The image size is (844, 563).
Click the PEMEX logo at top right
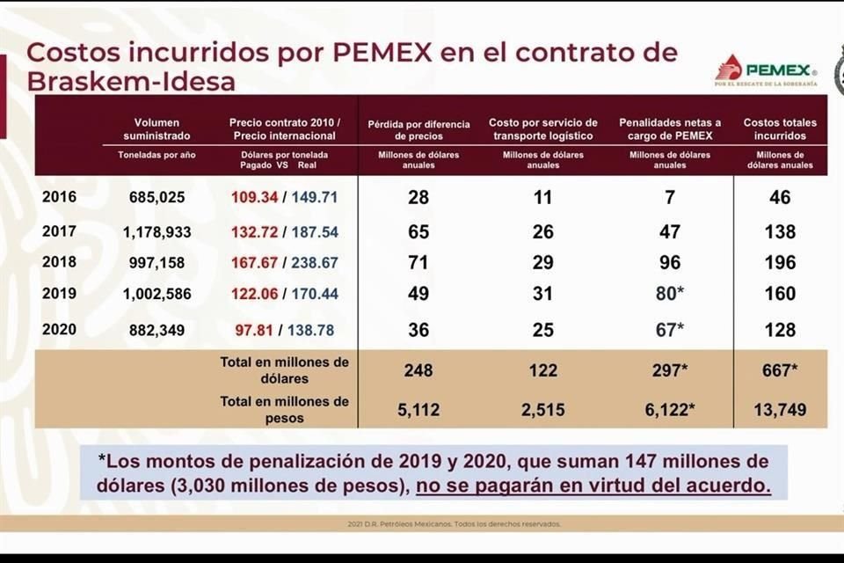point(766,70)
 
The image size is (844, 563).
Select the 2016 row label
point(60,197)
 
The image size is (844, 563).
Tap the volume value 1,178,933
point(156,232)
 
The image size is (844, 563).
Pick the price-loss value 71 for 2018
point(418,262)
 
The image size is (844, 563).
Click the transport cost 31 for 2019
point(542,294)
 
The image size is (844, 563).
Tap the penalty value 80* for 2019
point(671,294)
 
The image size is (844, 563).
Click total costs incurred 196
point(779,262)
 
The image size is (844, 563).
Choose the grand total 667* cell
point(779,370)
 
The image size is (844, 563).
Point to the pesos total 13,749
point(779,410)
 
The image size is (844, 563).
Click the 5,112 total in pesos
point(418,410)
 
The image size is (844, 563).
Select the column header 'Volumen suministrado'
point(157,129)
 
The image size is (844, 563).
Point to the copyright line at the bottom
point(454,524)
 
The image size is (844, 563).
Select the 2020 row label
point(60,330)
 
